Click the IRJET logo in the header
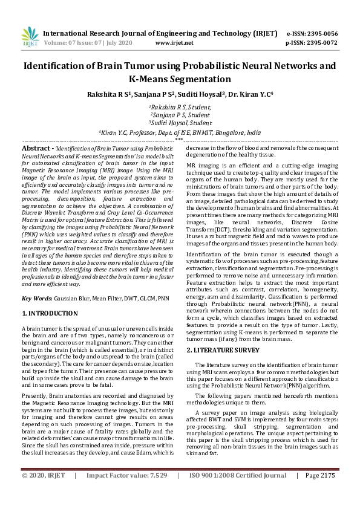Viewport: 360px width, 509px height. pyautogui.click(x=30, y=37)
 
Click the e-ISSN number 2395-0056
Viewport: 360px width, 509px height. pyautogui.click(x=321, y=33)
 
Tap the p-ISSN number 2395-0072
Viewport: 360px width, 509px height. pyautogui.click(x=321, y=43)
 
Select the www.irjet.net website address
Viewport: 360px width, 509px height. pyautogui.click(x=174, y=43)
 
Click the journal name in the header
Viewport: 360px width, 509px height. pyautogui.click(x=161, y=33)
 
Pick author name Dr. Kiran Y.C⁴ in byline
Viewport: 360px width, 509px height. pyautogui.click(x=249, y=94)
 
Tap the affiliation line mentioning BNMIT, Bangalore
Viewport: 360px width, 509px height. pyautogui.click(x=180, y=131)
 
